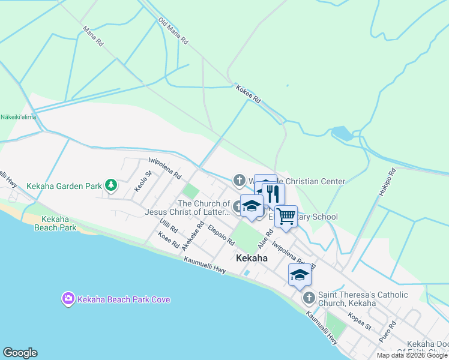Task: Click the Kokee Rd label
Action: [248, 94]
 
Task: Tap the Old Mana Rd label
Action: [173, 31]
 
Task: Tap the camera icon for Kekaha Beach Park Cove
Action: [68, 298]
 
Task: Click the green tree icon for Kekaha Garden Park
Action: [110, 185]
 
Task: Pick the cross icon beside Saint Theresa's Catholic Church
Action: [309, 298]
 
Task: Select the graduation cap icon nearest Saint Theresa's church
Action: [300, 274]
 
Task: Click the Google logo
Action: [20, 353]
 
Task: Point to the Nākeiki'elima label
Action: [18, 117]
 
